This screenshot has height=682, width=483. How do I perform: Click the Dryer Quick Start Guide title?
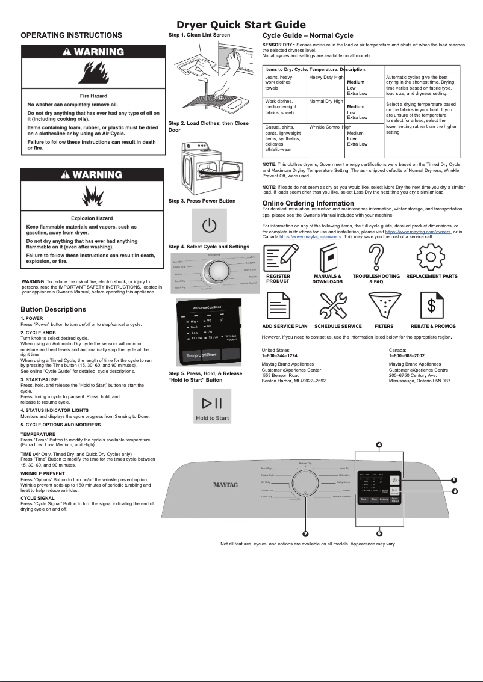coord(241,25)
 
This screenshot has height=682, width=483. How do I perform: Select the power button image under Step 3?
coord(209,226)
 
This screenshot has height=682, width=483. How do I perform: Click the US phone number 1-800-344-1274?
coord(279,355)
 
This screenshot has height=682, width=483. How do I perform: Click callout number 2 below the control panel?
coord(305,533)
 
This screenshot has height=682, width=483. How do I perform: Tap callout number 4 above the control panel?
coord(379,444)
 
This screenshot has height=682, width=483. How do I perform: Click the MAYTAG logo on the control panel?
coord(226,484)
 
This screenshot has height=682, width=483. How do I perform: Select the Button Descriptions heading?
coord(53,309)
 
